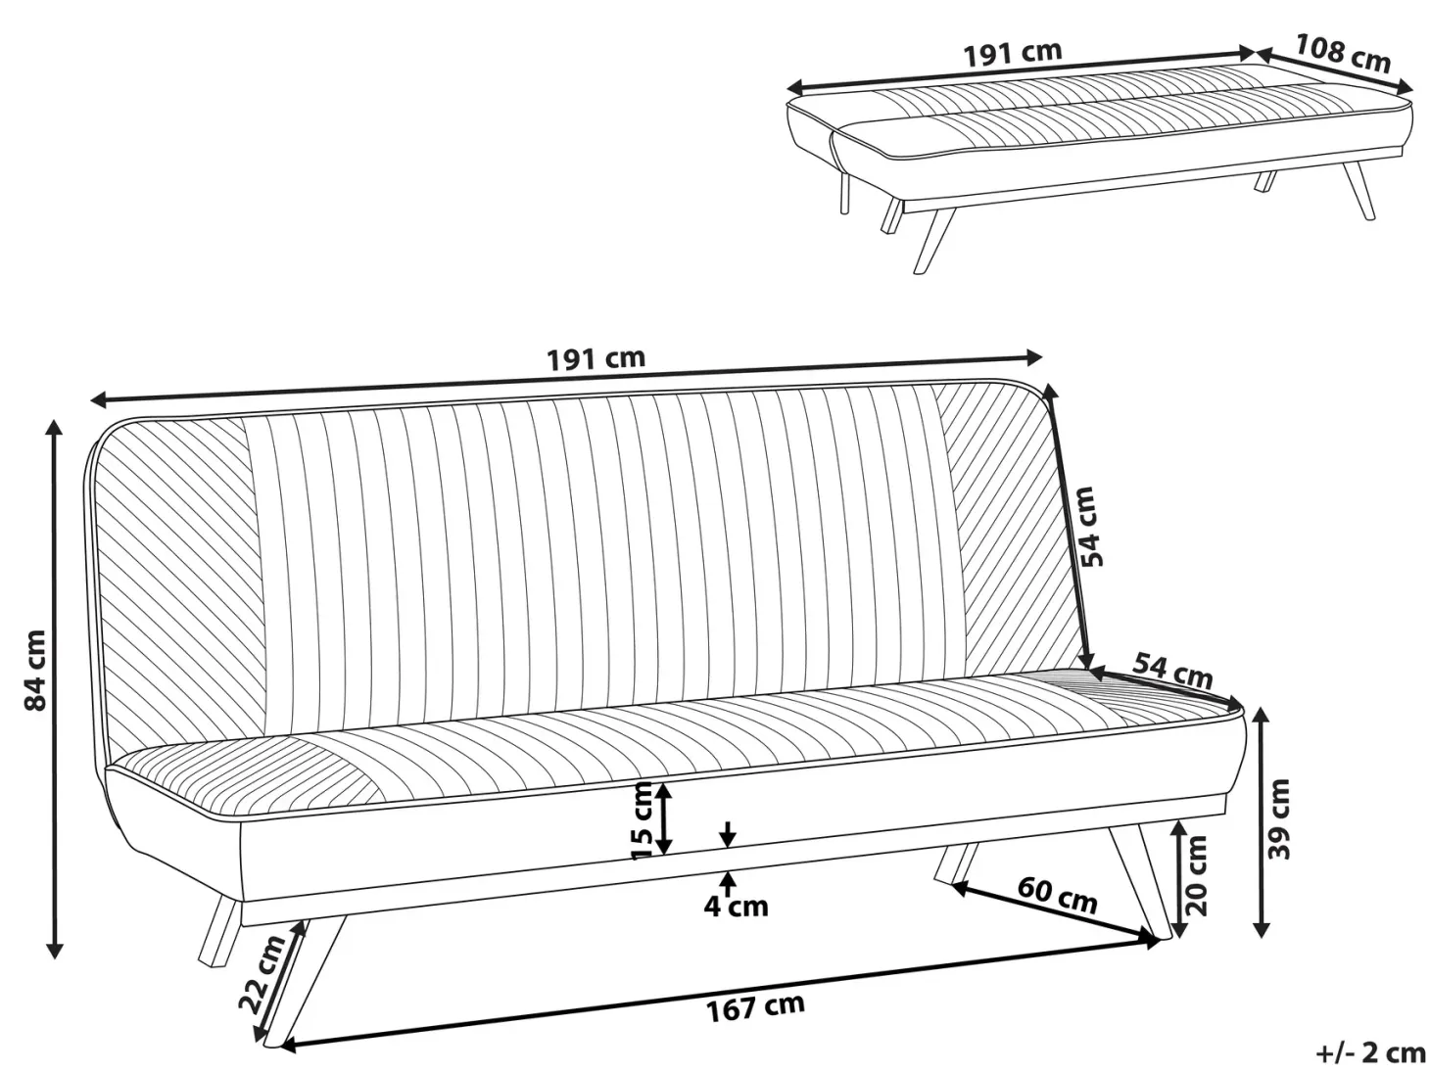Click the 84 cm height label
coord(34,670)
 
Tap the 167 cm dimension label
coord(755,1007)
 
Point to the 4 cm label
coord(736,907)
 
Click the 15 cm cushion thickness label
coord(643,820)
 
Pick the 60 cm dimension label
coord(1057,896)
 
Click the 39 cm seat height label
coord(1279,819)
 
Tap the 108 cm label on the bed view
coord(1342,54)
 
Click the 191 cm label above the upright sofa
coord(596,358)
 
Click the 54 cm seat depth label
coord(1172,670)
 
